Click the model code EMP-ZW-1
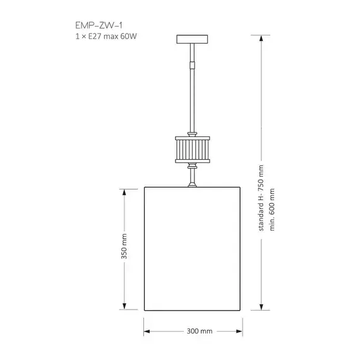pos(99,25)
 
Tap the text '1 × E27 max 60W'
pos(106,36)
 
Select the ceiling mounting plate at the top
pos(192,39)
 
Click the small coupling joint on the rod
pos(192,65)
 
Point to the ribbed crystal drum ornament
pos(193,150)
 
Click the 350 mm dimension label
pos(124,246)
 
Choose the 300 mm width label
pos(200,331)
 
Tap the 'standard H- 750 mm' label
pos(261,198)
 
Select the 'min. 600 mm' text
pos(272,210)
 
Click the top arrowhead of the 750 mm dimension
pos(261,39)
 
